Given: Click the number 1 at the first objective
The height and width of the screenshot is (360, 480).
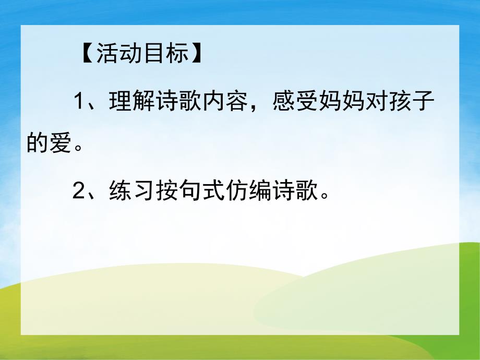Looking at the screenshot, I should tap(79, 102).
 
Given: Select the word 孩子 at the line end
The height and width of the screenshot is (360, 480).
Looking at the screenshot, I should tap(413, 102).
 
